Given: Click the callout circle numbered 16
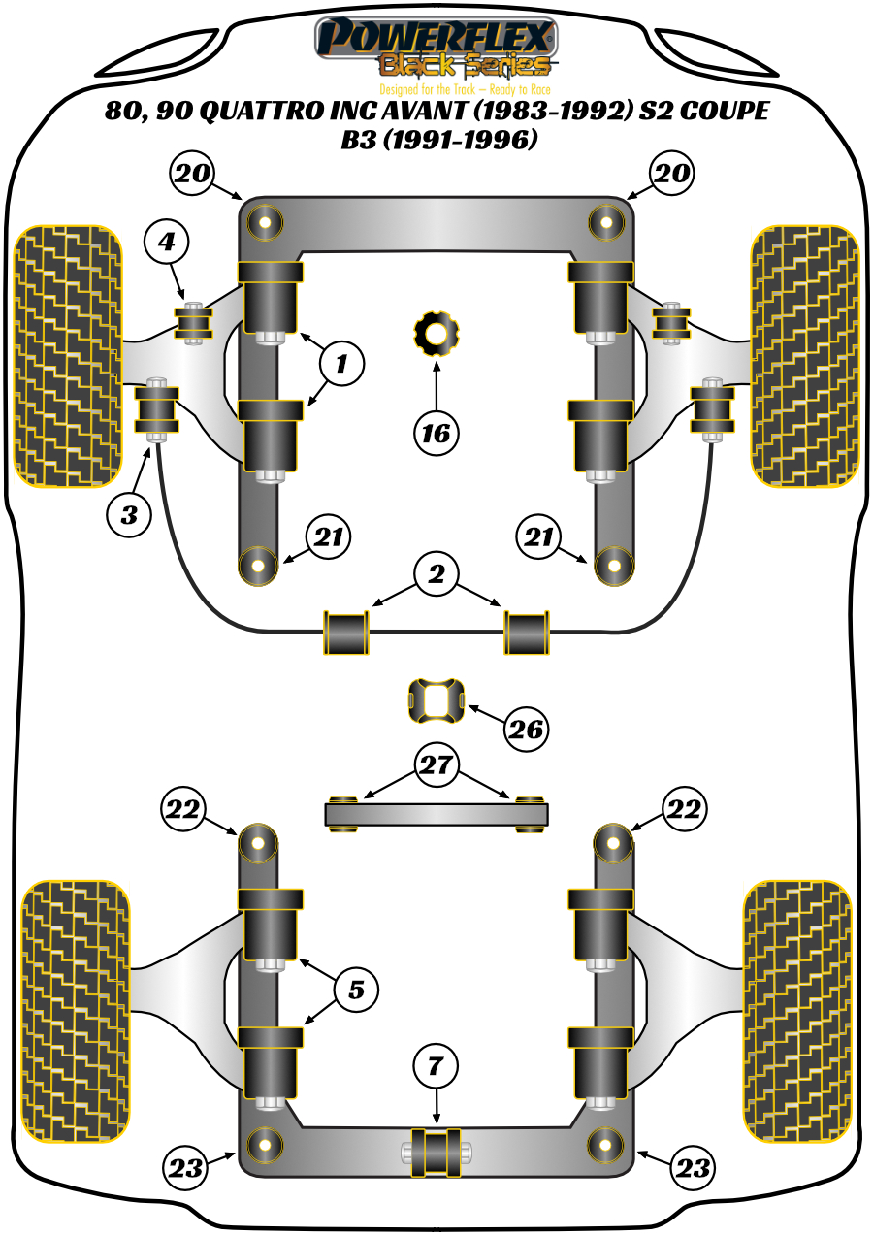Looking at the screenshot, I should (436, 433).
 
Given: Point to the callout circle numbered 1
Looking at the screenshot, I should (341, 364).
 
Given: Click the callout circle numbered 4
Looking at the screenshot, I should (167, 242).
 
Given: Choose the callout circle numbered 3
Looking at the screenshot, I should (129, 515).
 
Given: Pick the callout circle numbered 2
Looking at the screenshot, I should (436, 575).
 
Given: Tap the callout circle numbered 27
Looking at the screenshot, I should (436, 765).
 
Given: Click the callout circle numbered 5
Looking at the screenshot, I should (356, 989).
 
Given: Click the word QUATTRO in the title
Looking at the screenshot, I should (261, 113).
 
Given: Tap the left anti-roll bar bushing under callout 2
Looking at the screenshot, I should (347, 632).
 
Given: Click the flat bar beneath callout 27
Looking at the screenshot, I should (436, 813).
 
